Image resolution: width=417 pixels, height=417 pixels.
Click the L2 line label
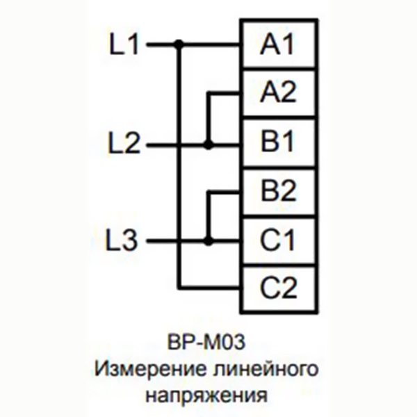pyautogui.click(x=125, y=145)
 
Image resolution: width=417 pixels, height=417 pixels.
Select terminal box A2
pyautogui.click(x=278, y=93)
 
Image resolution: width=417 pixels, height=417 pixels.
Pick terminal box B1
pyautogui.click(x=278, y=143)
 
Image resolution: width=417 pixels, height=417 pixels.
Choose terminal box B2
pyautogui.click(x=278, y=190)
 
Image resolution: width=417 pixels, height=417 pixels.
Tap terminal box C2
pyautogui.click(x=278, y=286)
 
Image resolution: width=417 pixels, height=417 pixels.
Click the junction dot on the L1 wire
pyautogui.click(x=179, y=45)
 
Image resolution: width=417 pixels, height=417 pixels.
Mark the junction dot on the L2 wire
pyautogui.click(x=208, y=145)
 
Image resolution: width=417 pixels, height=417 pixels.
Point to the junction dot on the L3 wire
pyautogui.click(x=208, y=241)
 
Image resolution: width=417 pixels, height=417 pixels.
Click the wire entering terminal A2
pyautogui.click(x=224, y=93)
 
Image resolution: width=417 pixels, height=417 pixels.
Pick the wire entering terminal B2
pyautogui.click(x=224, y=191)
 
